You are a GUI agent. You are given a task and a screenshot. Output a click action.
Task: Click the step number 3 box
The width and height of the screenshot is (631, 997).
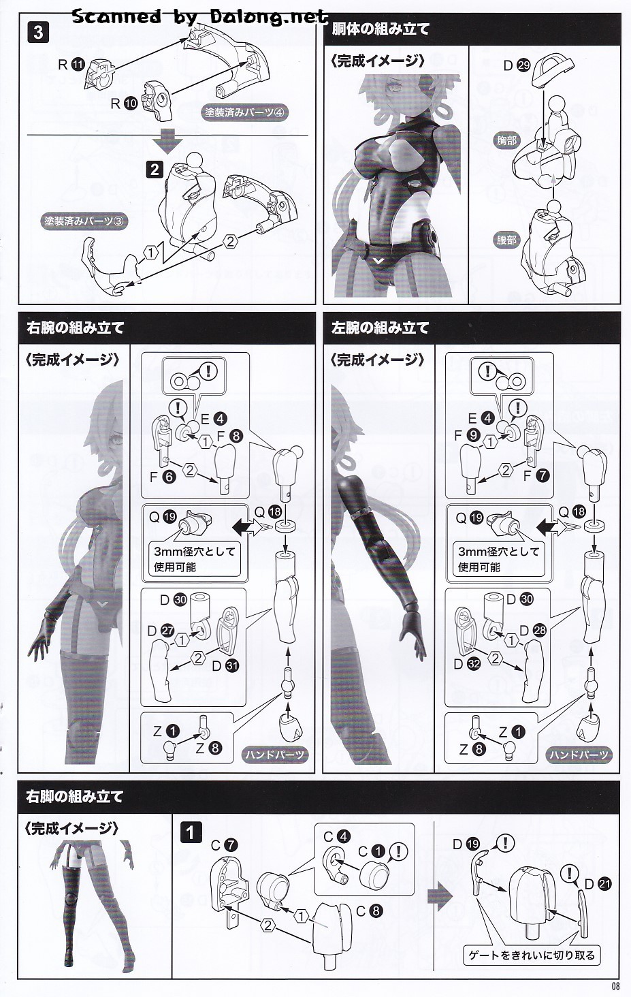(x=38, y=33)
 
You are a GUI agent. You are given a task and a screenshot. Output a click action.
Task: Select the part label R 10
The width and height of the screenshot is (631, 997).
(x=124, y=104)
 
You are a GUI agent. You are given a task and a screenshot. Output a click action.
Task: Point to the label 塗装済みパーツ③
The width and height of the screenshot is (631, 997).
(x=84, y=221)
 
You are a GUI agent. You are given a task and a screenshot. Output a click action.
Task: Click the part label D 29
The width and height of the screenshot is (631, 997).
(x=517, y=66)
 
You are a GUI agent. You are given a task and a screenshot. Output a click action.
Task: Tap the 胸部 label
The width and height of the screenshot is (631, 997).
(x=507, y=141)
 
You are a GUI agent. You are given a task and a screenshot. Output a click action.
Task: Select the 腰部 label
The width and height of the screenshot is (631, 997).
(x=507, y=240)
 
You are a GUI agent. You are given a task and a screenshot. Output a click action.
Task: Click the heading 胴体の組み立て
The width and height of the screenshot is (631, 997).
(x=381, y=29)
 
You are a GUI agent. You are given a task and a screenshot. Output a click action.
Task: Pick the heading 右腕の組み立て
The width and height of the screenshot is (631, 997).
(x=75, y=328)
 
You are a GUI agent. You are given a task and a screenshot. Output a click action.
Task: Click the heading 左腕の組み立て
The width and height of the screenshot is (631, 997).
(x=380, y=328)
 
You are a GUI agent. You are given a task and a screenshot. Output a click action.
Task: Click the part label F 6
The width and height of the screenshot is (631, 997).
(x=163, y=477)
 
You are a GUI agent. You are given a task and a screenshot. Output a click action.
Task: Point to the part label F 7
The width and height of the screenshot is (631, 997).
(x=536, y=476)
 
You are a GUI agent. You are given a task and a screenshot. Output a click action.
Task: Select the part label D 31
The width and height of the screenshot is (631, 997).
(x=225, y=666)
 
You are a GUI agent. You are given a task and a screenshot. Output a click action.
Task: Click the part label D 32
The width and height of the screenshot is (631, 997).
(x=467, y=664)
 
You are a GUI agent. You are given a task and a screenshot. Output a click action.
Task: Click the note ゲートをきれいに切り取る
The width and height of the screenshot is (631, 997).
(x=532, y=955)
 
